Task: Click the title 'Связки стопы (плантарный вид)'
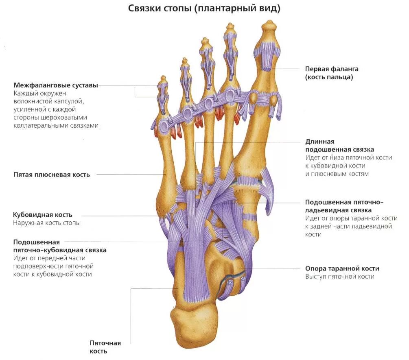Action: point(204,9)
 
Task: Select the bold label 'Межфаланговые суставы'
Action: point(56,85)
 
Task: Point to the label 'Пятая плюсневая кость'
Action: point(52,175)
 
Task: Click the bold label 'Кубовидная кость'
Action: point(43,215)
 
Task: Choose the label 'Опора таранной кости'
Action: point(342,269)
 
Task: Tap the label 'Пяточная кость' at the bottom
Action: point(105,347)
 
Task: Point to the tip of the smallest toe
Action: point(163,77)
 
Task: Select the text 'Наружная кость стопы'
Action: point(47,223)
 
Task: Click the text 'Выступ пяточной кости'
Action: point(340,277)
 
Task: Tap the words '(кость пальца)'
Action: point(329,77)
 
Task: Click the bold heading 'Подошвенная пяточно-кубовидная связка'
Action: point(60,246)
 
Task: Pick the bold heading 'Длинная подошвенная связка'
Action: point(340,146)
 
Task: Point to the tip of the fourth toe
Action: point(185,60)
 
